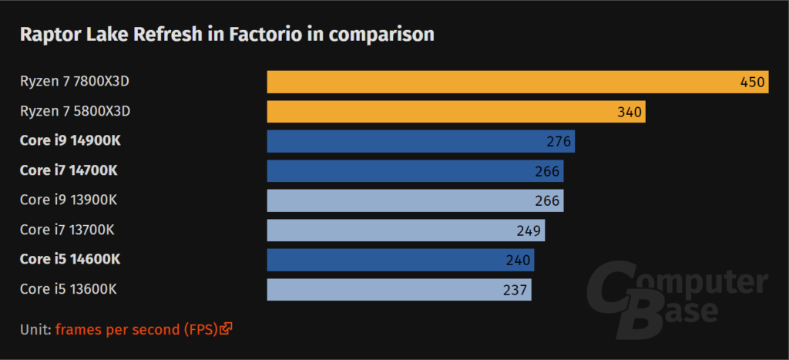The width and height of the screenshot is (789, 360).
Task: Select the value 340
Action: (x=629, y=112)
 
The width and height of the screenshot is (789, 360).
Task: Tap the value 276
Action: (x=558, y=142)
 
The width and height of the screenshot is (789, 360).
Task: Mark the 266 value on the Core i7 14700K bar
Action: (x=547, y=171)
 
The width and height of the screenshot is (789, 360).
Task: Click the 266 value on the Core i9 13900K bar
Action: (x=547, y=200)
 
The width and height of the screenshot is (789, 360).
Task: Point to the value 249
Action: (x=529, y=230)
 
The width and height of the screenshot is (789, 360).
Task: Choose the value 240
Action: (x=519, y=260)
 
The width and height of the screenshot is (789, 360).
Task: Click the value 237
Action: (x=515, y=290)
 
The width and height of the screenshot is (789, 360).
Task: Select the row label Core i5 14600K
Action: (x=70, y=259)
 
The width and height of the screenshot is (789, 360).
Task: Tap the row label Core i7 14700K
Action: (x=69, y=170)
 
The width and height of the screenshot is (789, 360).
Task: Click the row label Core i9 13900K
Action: (x=69, y=200)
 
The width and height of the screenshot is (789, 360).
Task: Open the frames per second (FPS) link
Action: (x=136, y=329)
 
